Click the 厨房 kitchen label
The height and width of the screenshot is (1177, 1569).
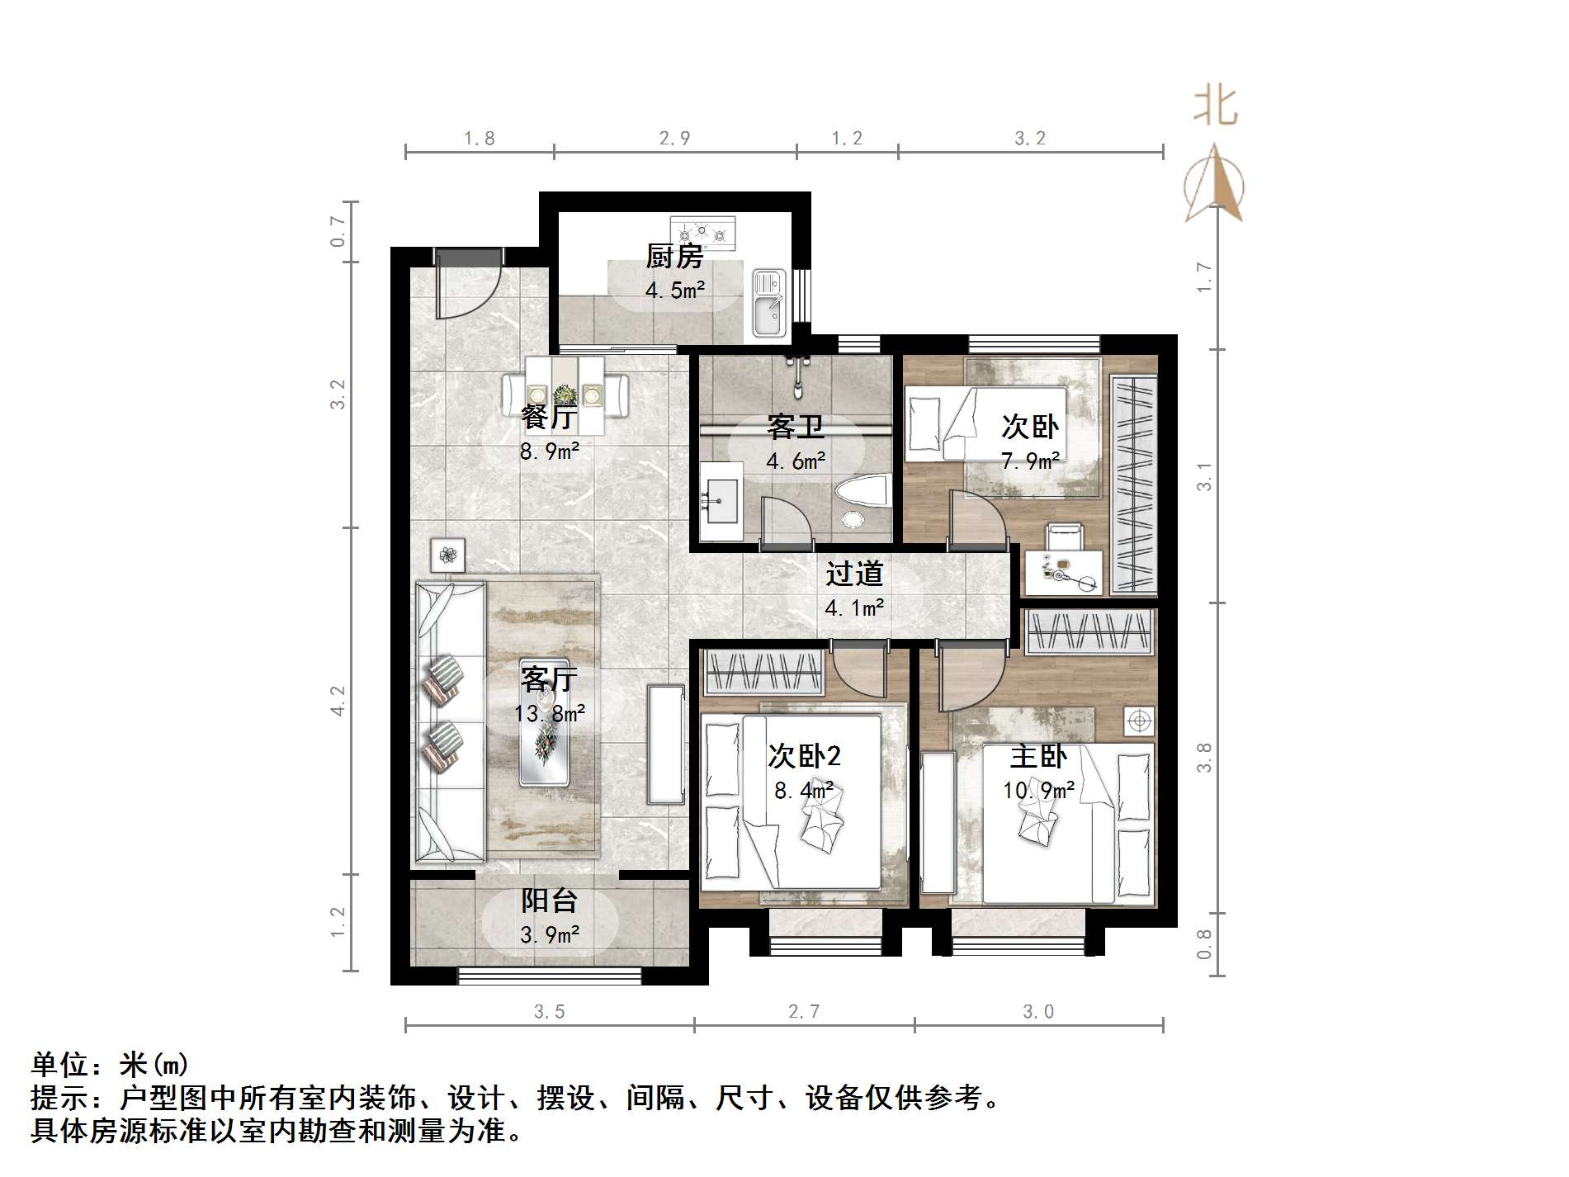[x=674, y=257]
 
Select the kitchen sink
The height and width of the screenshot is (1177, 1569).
[x=768, y=305]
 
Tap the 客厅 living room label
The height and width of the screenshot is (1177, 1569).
[x=548, y=679]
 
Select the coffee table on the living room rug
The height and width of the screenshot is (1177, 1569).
[x=546, y=723]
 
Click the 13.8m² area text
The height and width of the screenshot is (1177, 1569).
[x=550, y=713]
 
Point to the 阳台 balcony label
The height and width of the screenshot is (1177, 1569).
[x=549, y=900]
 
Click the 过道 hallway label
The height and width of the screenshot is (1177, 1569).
[x=854, y=574]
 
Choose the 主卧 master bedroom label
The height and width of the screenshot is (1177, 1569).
[x=1038, y=756]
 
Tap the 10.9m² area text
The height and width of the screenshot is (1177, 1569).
[x=1038, y=791]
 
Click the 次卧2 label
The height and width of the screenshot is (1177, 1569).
[x=804, y=755]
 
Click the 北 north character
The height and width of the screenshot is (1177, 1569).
[x=1215, y=107]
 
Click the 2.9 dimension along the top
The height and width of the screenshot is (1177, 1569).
[x=674, y=139]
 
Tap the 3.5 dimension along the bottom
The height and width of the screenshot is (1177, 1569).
[x=549, y=1012]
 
